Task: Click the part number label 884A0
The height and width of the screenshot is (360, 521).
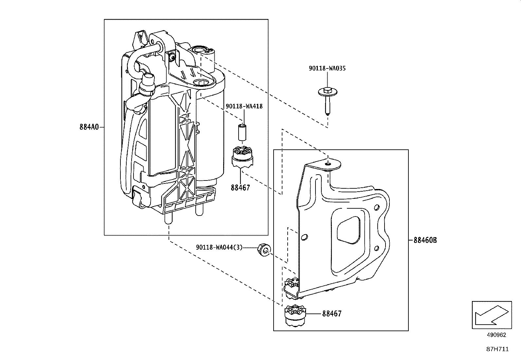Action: click(x=89, y=127)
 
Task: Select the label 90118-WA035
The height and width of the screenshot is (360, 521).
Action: click(x=327, y=68)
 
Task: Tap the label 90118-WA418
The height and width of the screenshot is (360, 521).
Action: click(x=244, y=106)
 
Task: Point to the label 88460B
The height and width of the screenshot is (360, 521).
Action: click(x=425, y=240)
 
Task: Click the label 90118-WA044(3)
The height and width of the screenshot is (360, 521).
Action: click(x=219, y=247)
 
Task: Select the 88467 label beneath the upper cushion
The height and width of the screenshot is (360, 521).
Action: click(x=240, y=188)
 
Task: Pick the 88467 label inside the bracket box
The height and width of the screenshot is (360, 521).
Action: click(x=332, y=313)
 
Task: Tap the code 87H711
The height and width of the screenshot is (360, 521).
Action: click(x=497, y=349)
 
